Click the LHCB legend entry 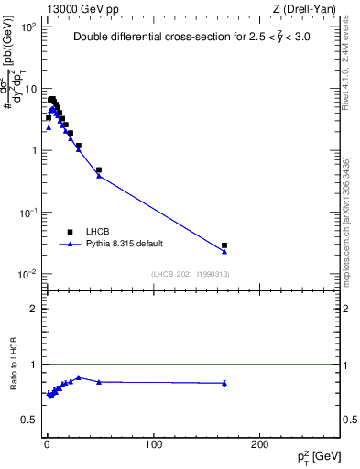point(97,232)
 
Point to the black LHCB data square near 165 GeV point(224,245)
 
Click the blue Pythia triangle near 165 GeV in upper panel point(224,251)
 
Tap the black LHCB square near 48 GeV point(99,170)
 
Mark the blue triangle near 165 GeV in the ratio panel point(224,383)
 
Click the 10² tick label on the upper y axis point(30,27)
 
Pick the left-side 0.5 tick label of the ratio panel point(30,420)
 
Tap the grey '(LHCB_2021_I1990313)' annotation point(189,275)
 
